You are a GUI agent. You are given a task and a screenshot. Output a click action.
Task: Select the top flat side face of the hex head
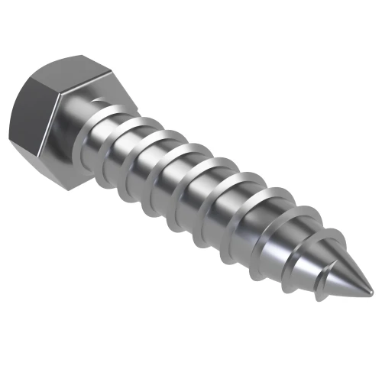(73, 73)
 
